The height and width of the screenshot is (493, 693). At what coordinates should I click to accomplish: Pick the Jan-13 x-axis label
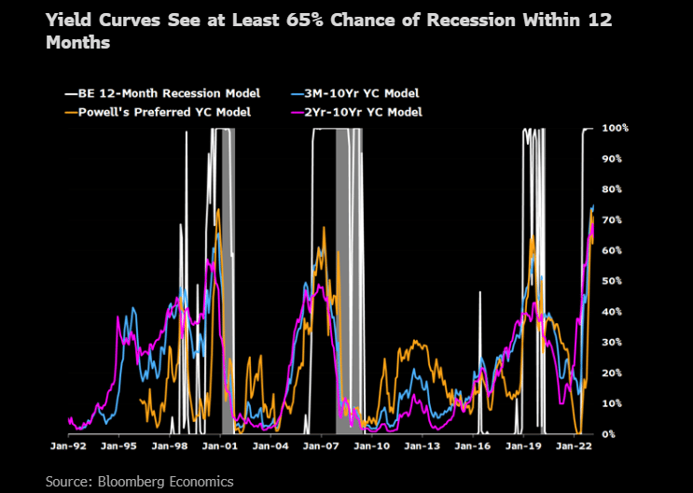click(421, 446)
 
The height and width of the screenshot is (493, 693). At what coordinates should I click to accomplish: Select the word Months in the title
click(78, 42)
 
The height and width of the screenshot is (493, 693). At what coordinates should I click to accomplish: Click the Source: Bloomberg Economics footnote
click(140, 481)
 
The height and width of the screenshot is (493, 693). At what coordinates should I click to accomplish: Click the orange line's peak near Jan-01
click(218, 211)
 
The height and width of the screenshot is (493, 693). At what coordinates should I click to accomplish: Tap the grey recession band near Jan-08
click(345, 280)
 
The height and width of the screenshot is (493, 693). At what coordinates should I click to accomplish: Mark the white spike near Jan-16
click(481, 293)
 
